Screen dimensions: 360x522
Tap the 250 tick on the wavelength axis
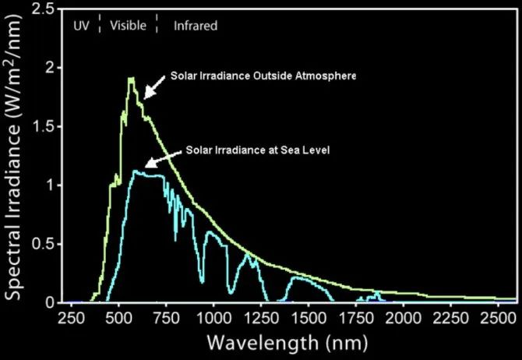[x=71, y=319]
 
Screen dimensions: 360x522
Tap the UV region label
[x=82, y=26]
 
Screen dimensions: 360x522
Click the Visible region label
[x=128, y=26]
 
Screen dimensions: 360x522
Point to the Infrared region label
[x=195, y=26]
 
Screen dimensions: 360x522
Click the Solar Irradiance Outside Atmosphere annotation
[x=263, y=76]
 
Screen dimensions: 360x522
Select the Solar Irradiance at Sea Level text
[x=259, y=150]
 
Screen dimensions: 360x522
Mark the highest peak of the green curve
[x=131, y=78]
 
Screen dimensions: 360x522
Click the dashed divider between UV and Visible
[x=100, y=24]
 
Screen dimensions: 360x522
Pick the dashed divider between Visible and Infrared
[x=157, y=24]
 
